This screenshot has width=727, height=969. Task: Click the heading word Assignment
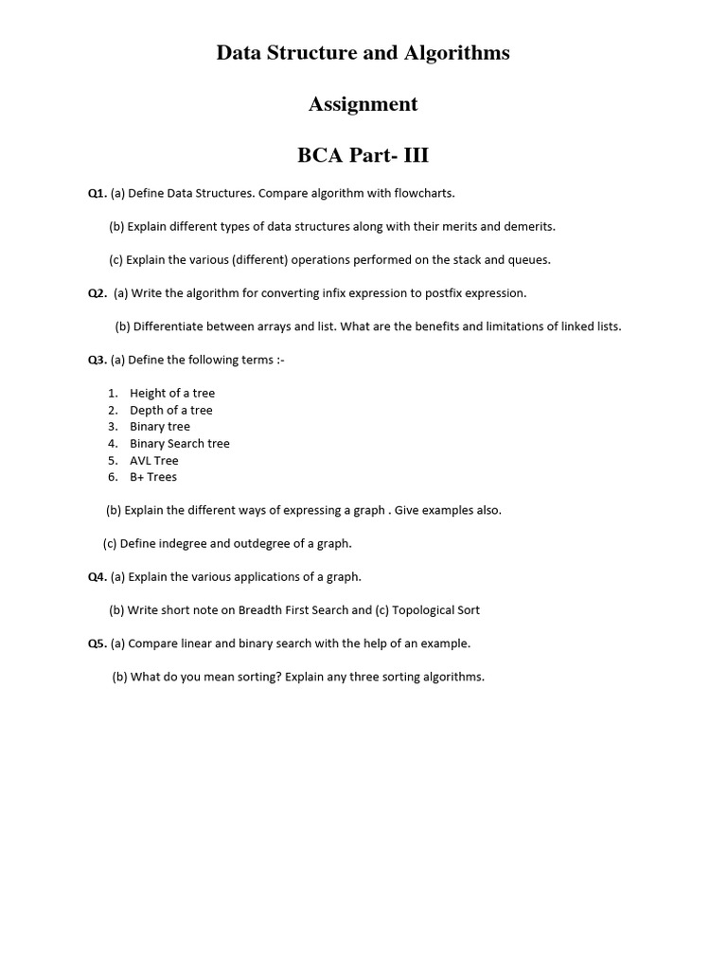[363, 104]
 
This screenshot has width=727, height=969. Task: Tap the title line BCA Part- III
[363, 154]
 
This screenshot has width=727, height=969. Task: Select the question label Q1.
[98, 193]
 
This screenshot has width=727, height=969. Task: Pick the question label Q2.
[98, 293]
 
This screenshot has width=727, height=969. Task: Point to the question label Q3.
[98, 360]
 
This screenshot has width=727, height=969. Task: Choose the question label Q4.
[98, 576]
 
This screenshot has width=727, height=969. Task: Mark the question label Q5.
[98, 643]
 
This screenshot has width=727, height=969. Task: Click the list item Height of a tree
[172, 393]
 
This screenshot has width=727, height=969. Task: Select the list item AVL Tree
[154, 461]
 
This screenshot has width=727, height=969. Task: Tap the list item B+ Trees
[153, 477]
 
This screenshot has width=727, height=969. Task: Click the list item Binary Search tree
[180, 443]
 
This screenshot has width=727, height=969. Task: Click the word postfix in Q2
[445, 293]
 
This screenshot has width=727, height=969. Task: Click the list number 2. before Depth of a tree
[113, 410]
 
